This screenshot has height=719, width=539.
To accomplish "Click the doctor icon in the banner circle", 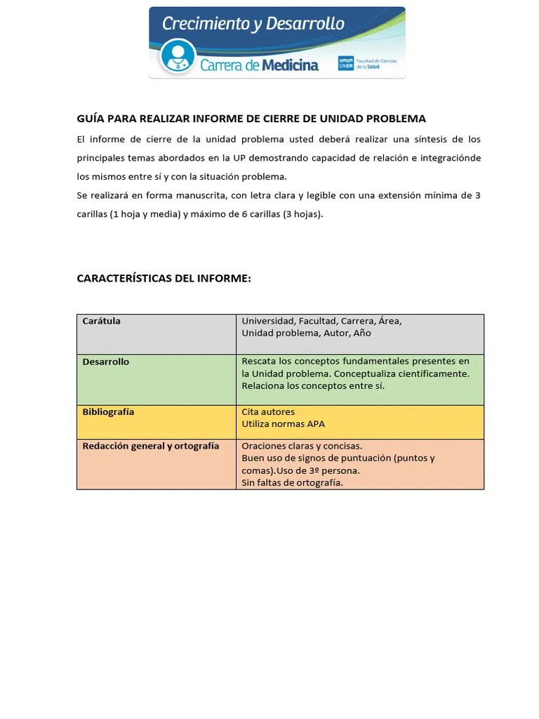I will tap(178, 56).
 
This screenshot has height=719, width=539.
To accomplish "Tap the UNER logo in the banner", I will tap(346, 63).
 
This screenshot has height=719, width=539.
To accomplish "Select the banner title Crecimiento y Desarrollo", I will tap(253, 24).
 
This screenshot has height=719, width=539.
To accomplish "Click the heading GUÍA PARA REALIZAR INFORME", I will tap(251, 119).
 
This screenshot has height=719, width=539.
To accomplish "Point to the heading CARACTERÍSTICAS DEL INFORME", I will tap(164, 279).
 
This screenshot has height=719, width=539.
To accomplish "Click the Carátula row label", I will tap(102, 321).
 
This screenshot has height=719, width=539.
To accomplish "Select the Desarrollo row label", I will tap(106, 362).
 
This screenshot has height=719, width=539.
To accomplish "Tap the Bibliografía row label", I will tap(108, 411).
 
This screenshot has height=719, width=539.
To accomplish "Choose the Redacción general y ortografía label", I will tap(151, 446).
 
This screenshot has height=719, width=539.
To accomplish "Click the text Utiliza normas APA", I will tap(283, 424).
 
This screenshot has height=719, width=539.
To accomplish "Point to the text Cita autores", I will tap(268, 412).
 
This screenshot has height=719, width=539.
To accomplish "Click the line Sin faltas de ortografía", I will tap(292, 482).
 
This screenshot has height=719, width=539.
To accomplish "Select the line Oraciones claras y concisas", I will tap(302, 446).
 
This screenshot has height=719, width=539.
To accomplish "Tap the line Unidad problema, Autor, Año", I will tap(306, 333).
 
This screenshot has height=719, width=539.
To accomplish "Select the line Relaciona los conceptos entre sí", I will tap(313, 385).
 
